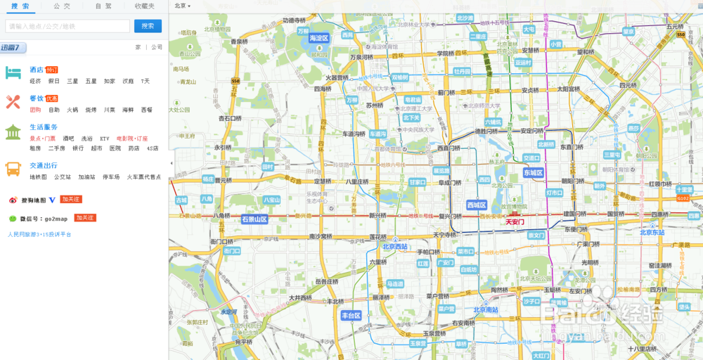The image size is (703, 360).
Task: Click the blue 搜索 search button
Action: [148, 26]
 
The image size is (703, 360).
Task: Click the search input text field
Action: [67, 26]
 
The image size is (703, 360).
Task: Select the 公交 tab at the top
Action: [62, 6]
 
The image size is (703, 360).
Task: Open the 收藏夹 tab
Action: [145, 6]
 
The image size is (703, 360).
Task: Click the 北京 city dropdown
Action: [182, 6]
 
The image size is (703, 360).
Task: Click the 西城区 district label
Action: [477, 205]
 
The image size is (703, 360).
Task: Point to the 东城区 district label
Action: [534, 172]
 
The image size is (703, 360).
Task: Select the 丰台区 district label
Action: [351, 316]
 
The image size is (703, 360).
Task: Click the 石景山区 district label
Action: [254, 219]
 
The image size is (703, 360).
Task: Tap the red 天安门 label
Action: [515, 221]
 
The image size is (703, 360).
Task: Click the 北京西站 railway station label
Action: [395, 247]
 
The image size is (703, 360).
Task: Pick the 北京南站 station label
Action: [485, 309]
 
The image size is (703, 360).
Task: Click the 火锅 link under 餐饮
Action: [72, 110]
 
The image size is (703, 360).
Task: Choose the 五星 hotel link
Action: [91, 81]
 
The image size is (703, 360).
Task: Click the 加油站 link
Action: [86, 177]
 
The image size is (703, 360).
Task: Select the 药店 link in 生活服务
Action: [134, 148]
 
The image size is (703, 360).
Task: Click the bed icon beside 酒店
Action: [13, 72]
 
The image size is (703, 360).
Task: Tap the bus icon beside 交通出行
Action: [13, 169]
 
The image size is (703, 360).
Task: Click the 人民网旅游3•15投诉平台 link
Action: [39, 234]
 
